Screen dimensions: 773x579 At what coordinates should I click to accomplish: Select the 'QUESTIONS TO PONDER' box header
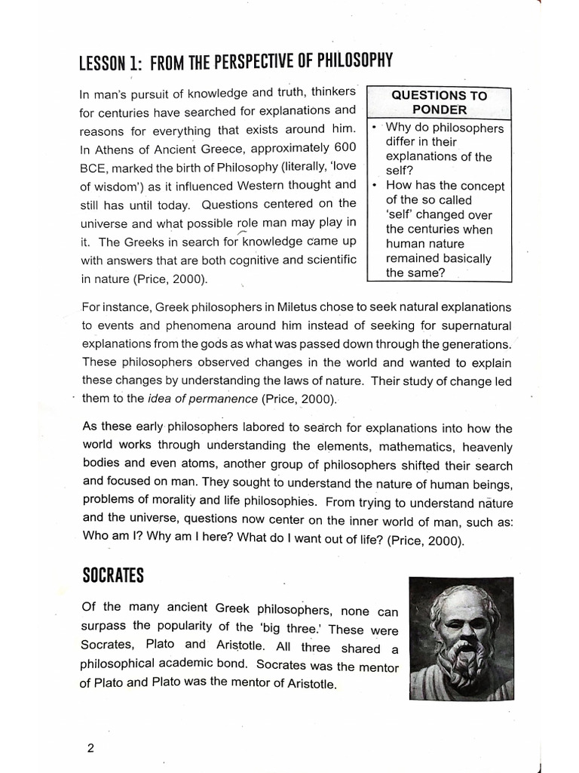point(439,103)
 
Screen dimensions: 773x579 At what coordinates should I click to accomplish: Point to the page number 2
point(90,748)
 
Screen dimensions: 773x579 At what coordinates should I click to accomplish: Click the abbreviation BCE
point(92,167)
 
